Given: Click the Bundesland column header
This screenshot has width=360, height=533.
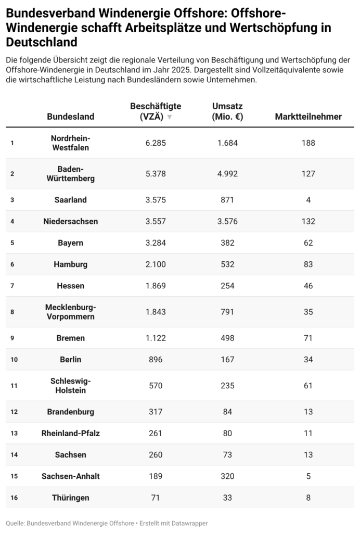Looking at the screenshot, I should coord(71,117).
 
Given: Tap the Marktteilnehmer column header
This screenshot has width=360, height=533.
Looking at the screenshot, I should coord(308,117).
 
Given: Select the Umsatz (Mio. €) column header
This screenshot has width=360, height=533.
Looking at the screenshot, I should coord(227,111).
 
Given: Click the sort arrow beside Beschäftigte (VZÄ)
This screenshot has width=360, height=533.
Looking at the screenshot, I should coord(169,117).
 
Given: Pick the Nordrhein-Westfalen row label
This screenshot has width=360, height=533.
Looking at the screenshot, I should coord(71,143).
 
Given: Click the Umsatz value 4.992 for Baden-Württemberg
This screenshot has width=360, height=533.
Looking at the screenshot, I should coord(227,173).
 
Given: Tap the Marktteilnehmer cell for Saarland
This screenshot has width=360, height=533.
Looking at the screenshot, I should coord(308,200).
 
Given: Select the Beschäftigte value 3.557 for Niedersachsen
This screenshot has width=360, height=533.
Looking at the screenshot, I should coord(156,221).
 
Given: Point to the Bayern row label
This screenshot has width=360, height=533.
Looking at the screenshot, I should coord(71,243).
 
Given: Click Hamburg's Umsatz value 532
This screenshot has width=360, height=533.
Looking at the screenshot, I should coord(227,264).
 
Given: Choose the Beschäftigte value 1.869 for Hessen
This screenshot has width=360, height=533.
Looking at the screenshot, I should coord(156,286).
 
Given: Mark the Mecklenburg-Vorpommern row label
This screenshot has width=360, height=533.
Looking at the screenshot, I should coord(71,312).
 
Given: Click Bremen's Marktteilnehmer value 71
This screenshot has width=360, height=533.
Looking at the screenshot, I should coord(308,338).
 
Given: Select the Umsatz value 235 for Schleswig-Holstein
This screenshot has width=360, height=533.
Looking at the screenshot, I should coord(227,386).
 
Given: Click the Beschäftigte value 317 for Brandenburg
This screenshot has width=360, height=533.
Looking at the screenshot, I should coord(156,412).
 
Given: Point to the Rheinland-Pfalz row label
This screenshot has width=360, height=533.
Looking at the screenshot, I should coord(71,433).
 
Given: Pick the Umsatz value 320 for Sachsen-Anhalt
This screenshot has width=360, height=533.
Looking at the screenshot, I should coord(227,476).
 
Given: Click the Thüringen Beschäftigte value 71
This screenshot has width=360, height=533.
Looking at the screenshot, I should coord(156,498).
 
